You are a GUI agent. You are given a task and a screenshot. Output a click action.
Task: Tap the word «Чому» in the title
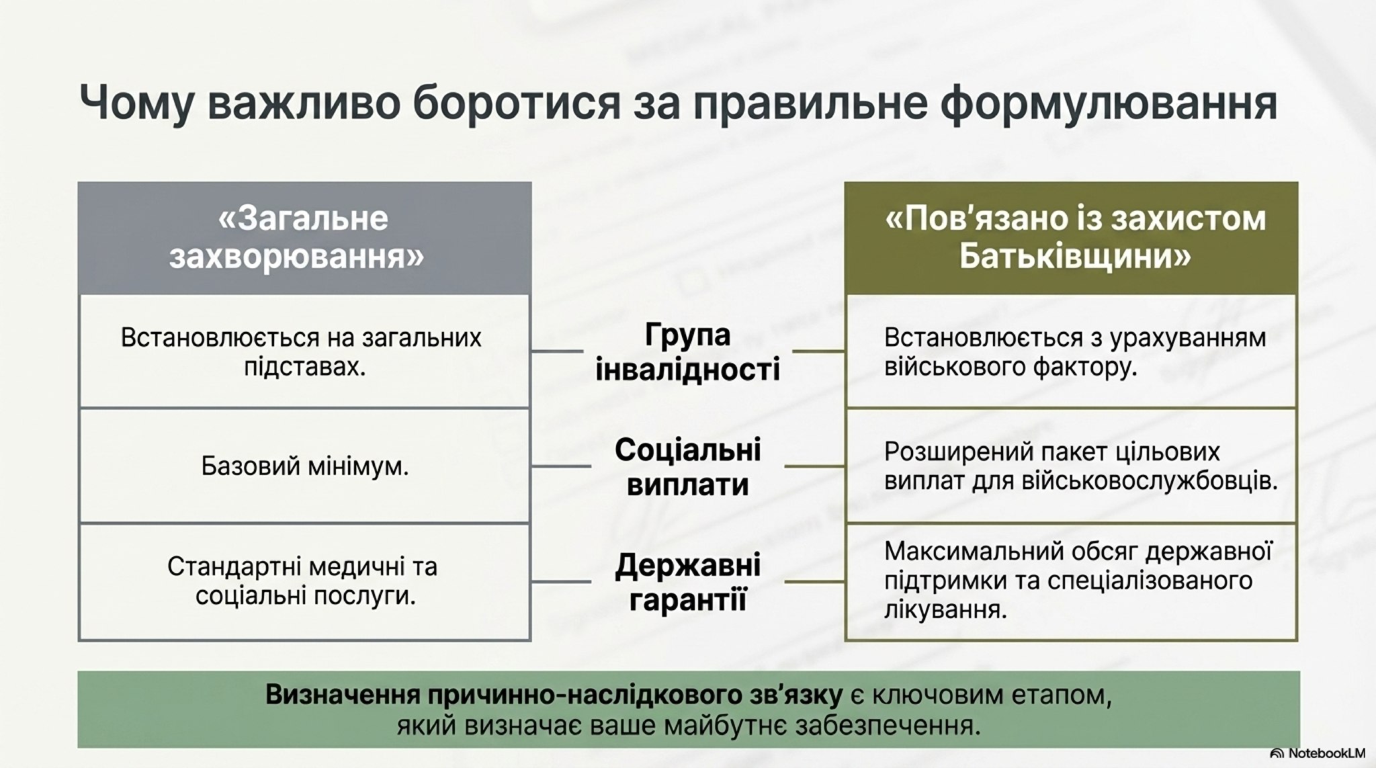click(134, 103)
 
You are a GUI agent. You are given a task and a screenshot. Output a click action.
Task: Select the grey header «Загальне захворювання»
click(304, 238)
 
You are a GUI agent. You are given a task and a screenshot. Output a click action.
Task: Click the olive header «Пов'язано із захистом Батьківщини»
click(1072, 238)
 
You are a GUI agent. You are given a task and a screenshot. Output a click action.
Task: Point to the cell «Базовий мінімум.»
click(304, 466)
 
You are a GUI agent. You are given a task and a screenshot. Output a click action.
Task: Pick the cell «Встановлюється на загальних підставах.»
click(304, 351)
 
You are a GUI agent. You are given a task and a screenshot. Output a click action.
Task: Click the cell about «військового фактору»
click(1072, 351)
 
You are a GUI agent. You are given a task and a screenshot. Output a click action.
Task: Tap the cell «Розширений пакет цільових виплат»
click(1072, 466)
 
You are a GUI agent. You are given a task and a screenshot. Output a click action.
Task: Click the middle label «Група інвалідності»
click(687, 351)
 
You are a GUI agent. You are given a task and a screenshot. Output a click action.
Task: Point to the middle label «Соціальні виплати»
click(687, 466)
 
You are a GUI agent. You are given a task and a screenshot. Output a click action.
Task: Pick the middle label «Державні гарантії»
click(687, 582)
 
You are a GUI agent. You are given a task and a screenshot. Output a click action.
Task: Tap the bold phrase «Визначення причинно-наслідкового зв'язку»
click(554, 695)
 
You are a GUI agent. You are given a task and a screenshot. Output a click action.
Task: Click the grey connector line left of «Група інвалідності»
click(557, 351)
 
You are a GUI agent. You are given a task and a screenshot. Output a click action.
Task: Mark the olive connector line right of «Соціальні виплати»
click(815, 466)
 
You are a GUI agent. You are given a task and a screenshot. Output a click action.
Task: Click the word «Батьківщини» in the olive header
click(1074, 257)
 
